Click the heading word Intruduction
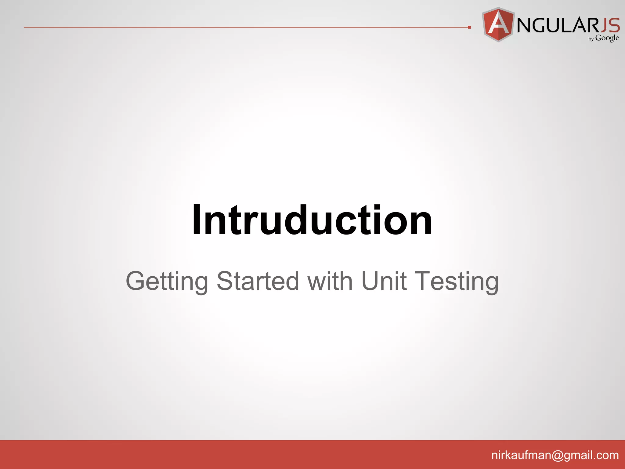point(312,220)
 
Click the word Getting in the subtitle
point(167,282)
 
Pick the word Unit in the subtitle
point(384,281)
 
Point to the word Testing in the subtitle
point(457,282)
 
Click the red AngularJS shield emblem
point(498,24)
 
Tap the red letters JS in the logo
point(610,25)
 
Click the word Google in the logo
point(607,38)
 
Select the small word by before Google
point(591,39)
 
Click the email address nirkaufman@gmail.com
point(555,455)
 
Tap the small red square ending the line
point(469,27)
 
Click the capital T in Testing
point(425,281)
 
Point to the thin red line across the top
point(244,27)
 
